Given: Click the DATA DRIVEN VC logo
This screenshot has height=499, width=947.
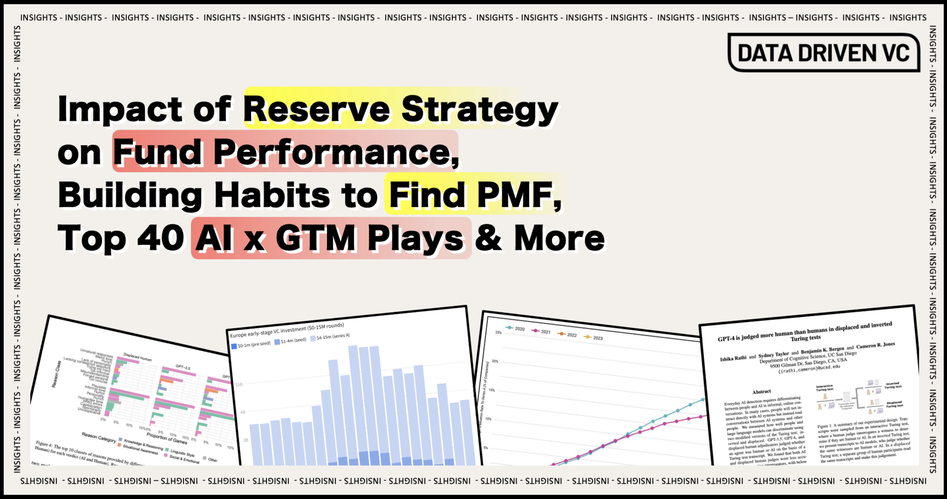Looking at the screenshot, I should (x=824, y=53).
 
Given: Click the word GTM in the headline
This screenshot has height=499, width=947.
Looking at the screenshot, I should (x=315, y=238).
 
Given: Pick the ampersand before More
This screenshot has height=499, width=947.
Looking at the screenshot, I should (x=488, y=238).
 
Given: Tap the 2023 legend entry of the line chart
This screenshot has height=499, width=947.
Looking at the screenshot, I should (x=597, y=338).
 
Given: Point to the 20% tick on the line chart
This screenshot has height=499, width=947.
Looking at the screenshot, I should (x=495, y=361).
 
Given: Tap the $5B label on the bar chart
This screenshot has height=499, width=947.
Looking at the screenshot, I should (x=239, y=384).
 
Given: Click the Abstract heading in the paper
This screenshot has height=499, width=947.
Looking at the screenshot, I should (x=762, y=392).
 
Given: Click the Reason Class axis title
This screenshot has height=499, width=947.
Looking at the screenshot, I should (x=57, y=374).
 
